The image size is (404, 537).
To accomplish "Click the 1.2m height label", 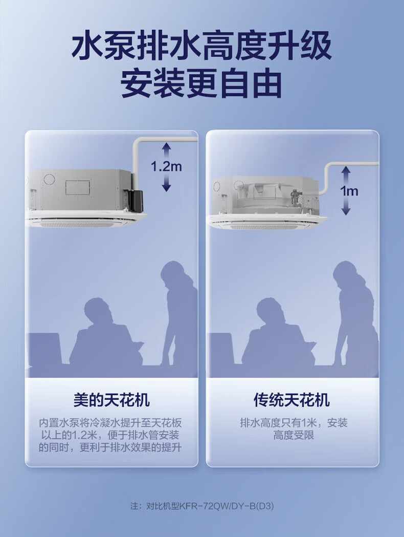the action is click(x=166, y=166).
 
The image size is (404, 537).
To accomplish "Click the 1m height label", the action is click(x=349, y=190).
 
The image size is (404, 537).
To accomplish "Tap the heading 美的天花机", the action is click(x=111, y=400).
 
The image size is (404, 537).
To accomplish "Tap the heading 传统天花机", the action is click(x=292, y=400).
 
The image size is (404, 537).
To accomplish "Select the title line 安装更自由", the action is click(x=201, y=83).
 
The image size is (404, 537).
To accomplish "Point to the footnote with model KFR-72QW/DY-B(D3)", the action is click(x=202, y=506).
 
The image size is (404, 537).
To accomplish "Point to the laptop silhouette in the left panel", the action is click(x=44, y=349).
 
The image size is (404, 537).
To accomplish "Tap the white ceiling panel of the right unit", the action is click(x=267, y=222).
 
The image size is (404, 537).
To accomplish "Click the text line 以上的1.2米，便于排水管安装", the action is click(x=110, y=435).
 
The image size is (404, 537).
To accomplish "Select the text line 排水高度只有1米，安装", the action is click(x=294, y=423).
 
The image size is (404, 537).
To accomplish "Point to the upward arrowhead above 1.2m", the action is click(x=166, y=145).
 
